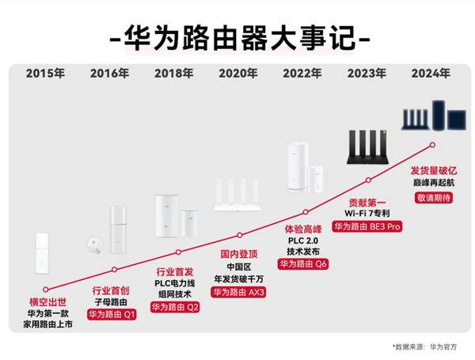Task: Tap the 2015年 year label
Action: point(45,74)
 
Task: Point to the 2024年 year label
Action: point(431,74)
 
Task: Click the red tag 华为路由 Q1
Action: point(112,314)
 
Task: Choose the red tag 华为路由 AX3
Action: point(238,291)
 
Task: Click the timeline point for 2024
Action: point(432,144)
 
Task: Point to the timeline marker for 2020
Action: point(239,235)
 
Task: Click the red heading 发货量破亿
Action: point(432,170)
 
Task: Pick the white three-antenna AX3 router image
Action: point(238,198)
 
